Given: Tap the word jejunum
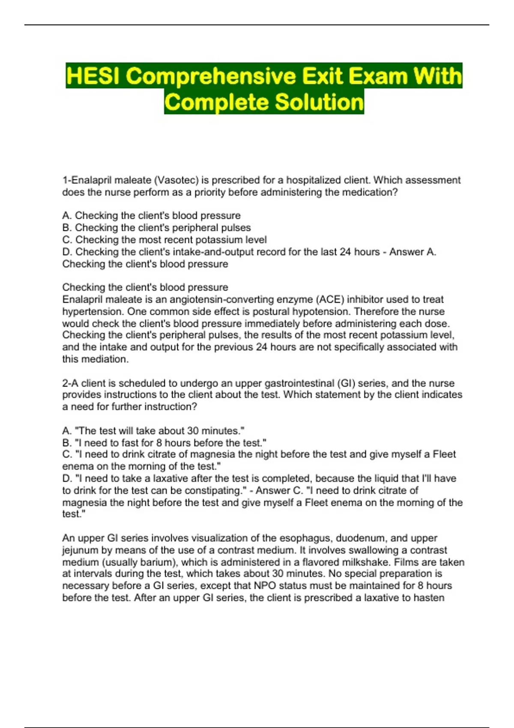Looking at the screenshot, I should point(81,550).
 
